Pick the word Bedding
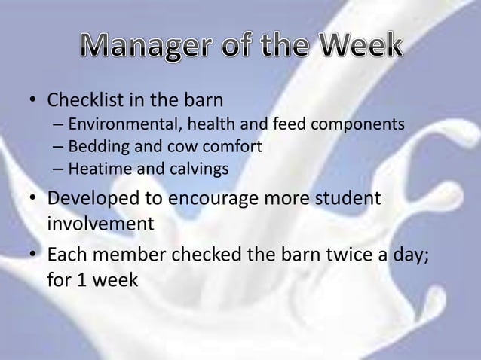(94, 146)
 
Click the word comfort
(234, 146)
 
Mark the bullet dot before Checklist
(33, 100)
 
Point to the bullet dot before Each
(33, 257)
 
